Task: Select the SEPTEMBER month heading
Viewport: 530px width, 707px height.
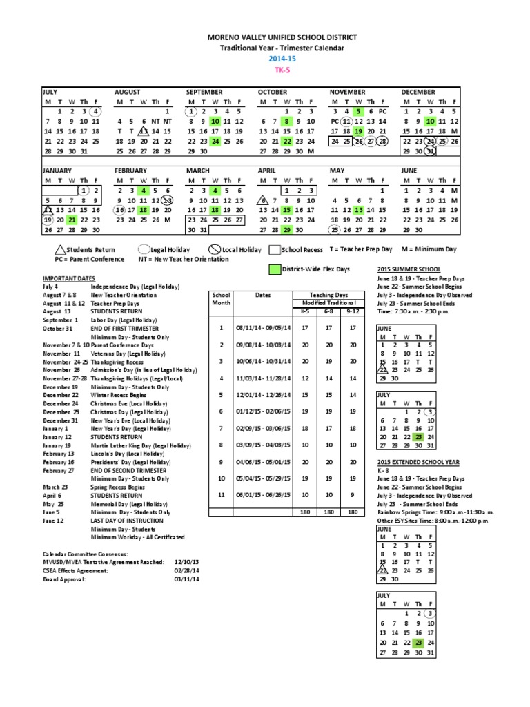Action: pos(204,91)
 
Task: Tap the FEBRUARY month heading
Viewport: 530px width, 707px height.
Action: pos(132,170)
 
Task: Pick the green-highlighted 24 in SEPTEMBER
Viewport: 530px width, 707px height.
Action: pos(215,141)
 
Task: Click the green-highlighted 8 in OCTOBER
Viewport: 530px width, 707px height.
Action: pos(287,121)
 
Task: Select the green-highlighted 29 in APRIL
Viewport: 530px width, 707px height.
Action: pos(287,229)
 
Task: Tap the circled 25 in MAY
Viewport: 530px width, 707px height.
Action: pos(335,229)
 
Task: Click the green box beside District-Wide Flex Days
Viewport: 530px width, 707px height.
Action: pos(275,269)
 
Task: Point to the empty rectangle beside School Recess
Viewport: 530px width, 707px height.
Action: pos(274,249)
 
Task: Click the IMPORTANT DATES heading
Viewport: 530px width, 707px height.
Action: pos(68,277)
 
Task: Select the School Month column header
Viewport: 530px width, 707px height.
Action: pos(222,298)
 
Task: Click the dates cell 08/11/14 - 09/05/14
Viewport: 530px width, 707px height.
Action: pos(254,328)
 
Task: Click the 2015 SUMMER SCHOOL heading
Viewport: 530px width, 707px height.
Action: pos(408,268)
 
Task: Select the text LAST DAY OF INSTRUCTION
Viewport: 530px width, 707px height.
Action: pos(128,501)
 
